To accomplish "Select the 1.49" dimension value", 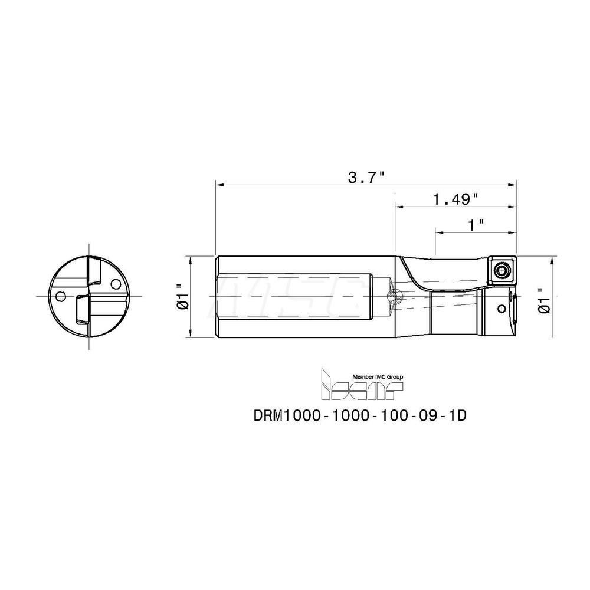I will pyautogui.click(x=455, y=199).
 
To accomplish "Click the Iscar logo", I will pyautogui.click(x=360, y=385).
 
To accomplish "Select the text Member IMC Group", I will pyautogui.click(x=378, y=376).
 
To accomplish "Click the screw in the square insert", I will pyautogui.click(x=502, y=271).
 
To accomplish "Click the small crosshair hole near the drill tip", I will pyautogui.click(x=502, y=307).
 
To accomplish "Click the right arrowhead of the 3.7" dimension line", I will pyautogui.click(x=514, y=185).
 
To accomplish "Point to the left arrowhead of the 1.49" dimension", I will pyautogui.click(x=399, y=207).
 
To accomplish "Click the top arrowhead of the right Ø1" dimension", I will pyautogui.click(x=553, y=260).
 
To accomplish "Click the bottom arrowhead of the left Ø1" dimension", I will pyautogui.click(x=190, y=334).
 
